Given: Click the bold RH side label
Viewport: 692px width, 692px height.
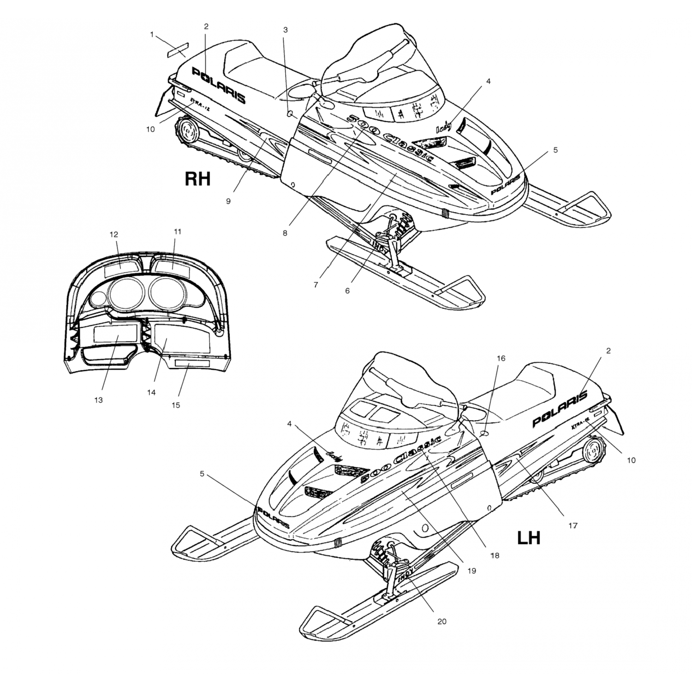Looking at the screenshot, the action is (197, 179).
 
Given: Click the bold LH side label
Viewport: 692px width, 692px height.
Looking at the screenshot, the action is (529, 537).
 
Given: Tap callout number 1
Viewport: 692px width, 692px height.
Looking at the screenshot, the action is (152, 34).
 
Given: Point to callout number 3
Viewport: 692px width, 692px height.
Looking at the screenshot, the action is (286, 30).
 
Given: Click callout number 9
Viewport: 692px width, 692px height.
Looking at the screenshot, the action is (228, 201).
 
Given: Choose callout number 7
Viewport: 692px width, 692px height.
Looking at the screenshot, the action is (316, 285).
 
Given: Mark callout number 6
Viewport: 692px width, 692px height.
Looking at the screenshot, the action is (347, 291).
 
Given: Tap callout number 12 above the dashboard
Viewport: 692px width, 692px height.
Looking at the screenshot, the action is (114, 234).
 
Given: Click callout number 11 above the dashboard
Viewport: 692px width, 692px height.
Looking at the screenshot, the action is (178, 232).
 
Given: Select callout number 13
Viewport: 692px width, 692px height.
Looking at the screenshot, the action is (98, 400).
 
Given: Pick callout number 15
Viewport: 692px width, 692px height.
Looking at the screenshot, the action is (176, 405).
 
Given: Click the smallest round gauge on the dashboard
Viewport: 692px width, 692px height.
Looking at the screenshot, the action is (98, 299).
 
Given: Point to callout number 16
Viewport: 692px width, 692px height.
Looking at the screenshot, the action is (501, 358).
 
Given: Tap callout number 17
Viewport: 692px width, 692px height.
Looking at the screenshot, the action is (573, 525).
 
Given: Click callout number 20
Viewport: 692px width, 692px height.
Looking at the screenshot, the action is (441, 621).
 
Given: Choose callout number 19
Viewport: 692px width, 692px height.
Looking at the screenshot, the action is (471, 571).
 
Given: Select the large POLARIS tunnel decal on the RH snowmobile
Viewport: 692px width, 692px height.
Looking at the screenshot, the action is (219, 85).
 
